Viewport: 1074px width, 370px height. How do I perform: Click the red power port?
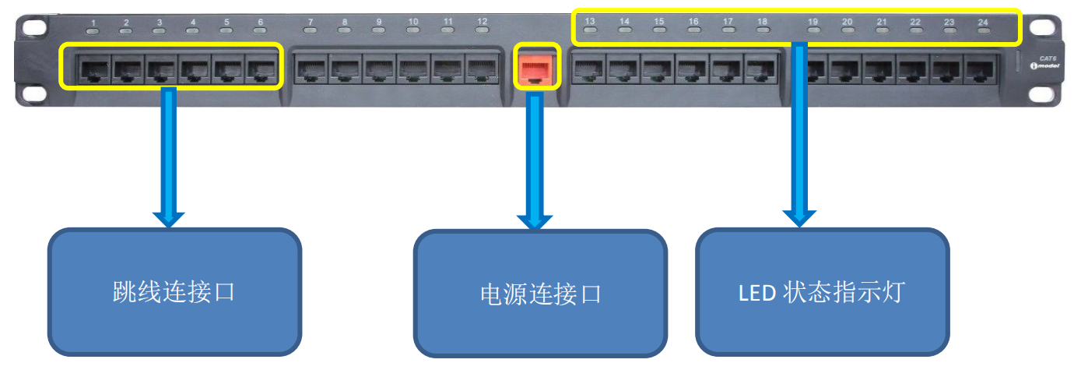pos(536,69)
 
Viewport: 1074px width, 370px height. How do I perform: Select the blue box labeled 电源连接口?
pos(540,294)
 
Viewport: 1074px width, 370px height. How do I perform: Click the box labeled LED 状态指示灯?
pos(822,292)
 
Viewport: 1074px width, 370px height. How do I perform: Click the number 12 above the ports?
pos(483,21)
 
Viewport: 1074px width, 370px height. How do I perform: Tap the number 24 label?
pos(983,21)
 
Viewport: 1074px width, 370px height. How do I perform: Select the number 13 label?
pos(590,21)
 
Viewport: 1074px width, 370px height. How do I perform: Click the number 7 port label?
pos(311,21)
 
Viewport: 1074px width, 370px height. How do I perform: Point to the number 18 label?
pos(762,21)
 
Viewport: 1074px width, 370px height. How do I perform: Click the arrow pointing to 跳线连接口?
pos(168,156)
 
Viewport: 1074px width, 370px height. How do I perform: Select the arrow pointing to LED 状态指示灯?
pos(800,132)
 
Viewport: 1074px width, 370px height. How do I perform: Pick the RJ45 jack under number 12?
pos(483,70)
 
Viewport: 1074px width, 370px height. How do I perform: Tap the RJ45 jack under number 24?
pos(982,70)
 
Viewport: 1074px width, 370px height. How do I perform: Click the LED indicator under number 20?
pos(848,32)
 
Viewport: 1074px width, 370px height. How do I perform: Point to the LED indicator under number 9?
pos(379,32)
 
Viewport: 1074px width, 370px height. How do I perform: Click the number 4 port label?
pos(193,22)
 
